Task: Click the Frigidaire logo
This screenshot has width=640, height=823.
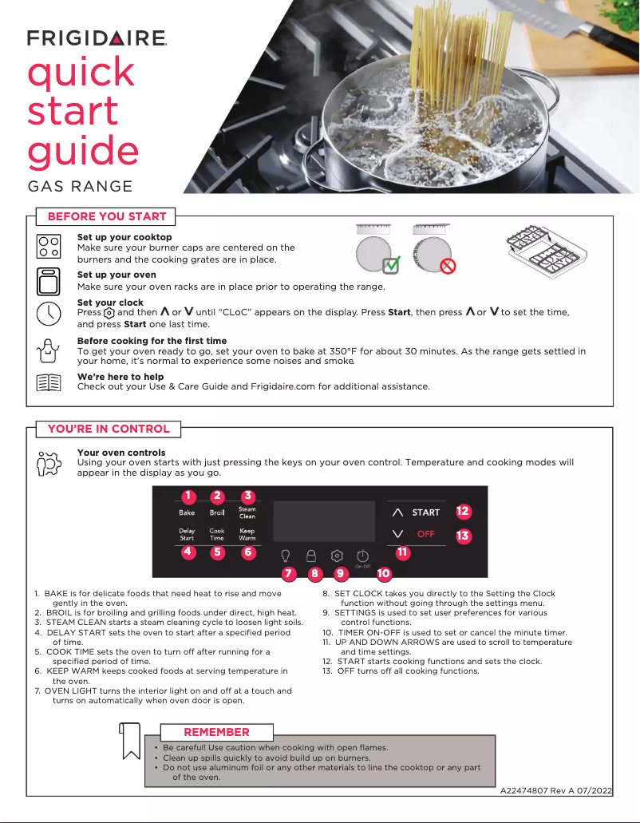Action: point(97,38)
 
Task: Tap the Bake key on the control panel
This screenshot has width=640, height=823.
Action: point(187,512)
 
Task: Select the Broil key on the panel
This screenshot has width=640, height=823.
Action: point(217,512)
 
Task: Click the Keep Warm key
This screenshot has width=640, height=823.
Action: point(247,535)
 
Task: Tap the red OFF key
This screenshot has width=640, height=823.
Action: point(426,534)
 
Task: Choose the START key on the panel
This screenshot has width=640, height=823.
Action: point(426,512)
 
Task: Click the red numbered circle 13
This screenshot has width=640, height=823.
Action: point(463,536)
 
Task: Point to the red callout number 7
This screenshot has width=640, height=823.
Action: point(289,573)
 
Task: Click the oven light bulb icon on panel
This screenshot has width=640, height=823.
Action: point(285,555)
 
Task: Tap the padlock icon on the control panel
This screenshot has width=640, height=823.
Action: point(312,555)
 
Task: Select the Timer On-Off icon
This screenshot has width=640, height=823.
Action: point(362,556)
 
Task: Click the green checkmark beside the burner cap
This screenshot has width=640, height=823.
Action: point(391,266)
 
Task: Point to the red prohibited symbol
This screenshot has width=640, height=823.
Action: point(448,266)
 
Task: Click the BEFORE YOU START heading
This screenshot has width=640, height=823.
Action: point(107,216)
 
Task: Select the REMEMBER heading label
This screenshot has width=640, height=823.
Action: point(216,732)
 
